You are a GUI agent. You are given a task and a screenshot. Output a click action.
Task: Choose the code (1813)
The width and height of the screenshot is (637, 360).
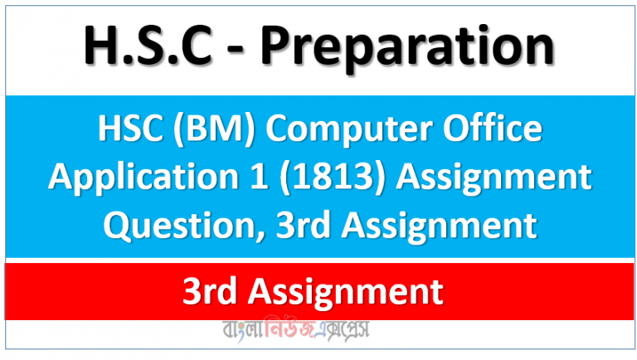tap(312, 175)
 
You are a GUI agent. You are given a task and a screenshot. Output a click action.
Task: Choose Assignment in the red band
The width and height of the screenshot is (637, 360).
tap(352, 292)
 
